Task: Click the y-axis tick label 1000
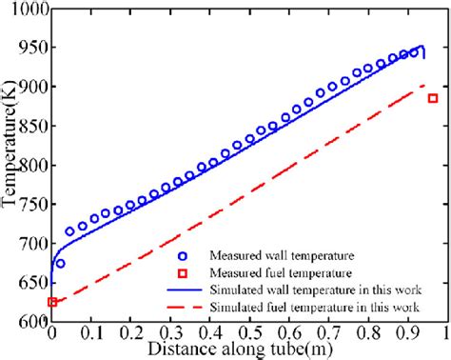tap(27, 9)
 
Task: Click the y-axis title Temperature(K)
tap(10, 167)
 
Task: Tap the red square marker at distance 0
tap(52, 302)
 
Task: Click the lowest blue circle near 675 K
tap(61, 264)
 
